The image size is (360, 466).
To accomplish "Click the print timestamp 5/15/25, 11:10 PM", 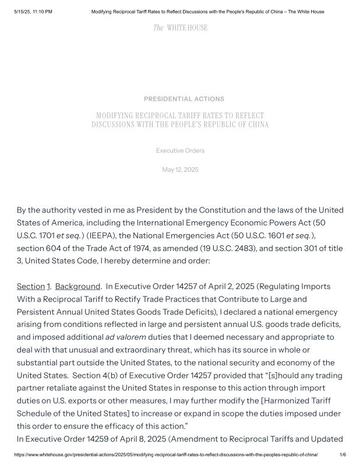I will [33, 12].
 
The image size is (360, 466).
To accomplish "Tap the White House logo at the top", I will [180, 28].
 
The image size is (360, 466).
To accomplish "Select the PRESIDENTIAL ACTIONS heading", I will [184, 99].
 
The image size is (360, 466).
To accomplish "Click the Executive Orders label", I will [180, 151].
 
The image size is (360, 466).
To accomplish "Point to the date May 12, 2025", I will [180, 170].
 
